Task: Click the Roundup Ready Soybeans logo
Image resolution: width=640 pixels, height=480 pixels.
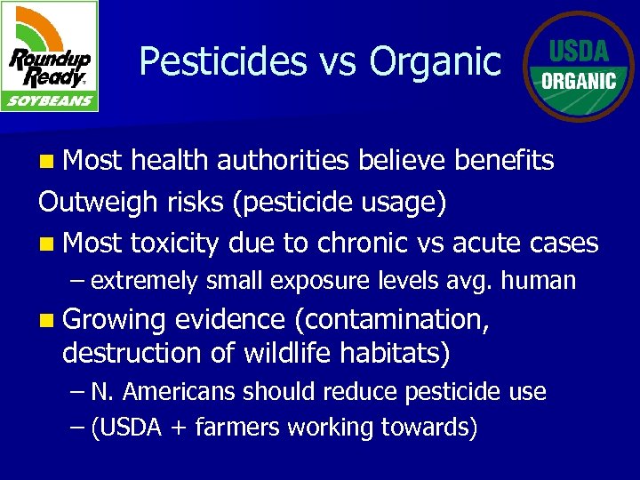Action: click(x=51, y=56)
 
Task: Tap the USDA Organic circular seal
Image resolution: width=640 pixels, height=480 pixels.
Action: click(x=579, y=67)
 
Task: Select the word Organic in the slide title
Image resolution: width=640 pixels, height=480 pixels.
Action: click(x=436, y=62)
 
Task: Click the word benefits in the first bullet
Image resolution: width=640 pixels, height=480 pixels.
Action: click(x=504, y=160)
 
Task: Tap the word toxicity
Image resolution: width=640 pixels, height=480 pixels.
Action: click(x=174, y=243)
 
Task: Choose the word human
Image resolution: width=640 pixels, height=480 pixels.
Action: click(x=538, y=282)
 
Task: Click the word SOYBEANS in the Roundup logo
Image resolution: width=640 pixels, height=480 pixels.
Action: click(x=51, y=100)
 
